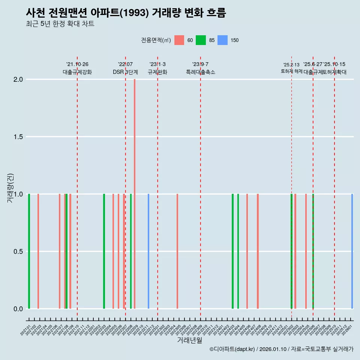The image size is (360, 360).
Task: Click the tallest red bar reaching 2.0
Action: pos(135,194)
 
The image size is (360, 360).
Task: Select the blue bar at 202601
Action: pos(352,251)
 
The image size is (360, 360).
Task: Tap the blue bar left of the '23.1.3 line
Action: pos(148,251)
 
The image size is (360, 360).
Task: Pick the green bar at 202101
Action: pos(29,251)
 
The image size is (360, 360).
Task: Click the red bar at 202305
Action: pos(177,251)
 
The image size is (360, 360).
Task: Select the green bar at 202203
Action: pos(104,251)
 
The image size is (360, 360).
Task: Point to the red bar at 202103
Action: pos(38,251)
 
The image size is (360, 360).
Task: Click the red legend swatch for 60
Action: pos(179,40)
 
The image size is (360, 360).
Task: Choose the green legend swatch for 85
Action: pos(201,40)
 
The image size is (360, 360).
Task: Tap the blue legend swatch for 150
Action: pos(223,40)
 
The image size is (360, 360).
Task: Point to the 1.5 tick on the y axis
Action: pos(18,137)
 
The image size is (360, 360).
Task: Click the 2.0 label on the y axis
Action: pos(18,79)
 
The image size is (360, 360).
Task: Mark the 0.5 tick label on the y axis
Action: pos(18,252)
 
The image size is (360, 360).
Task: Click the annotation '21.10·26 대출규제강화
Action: pos(77,68)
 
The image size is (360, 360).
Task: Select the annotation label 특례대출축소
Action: pos(201,72)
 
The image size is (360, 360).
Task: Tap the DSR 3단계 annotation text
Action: pos(125,72)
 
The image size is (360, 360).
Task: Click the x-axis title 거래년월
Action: pos(189,340)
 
